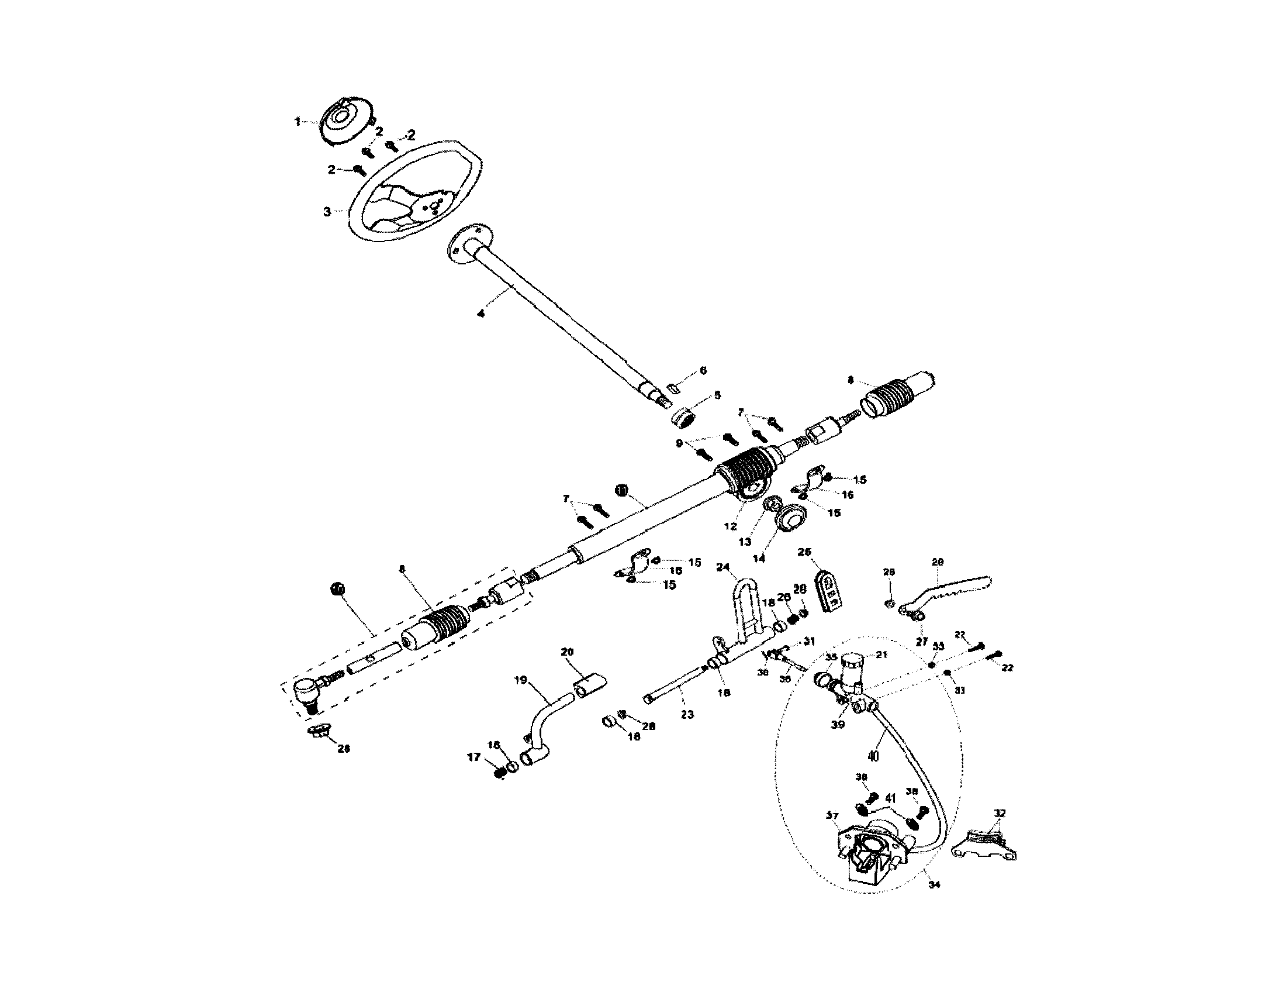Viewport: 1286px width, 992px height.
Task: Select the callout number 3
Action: pyautogui.click(x=327, y=212)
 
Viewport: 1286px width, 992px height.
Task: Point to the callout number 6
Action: pyautogui.click(x=703, y=370)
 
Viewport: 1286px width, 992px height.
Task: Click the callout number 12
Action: pyautogui.click(x=731, y=526)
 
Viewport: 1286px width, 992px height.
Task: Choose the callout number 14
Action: pyautogui.click(x=759, y=559)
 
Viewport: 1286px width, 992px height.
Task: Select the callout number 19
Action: pyautogui.click(x=520, y=680)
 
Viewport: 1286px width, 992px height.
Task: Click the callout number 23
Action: pyautogui.click(x=687, y=715)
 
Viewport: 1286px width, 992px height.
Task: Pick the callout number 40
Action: pyautogui.click(x=873, y=756)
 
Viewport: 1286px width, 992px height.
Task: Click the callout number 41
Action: pyautogui.click(x=890, y=799)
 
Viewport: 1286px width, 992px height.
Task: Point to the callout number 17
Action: pyautogui.click(x=474, y=757)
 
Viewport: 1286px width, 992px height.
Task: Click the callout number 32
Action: pyautogui.click(x=1000, y=814)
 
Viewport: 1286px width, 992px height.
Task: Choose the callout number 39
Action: pyautogui.click(x=838, y=725)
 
